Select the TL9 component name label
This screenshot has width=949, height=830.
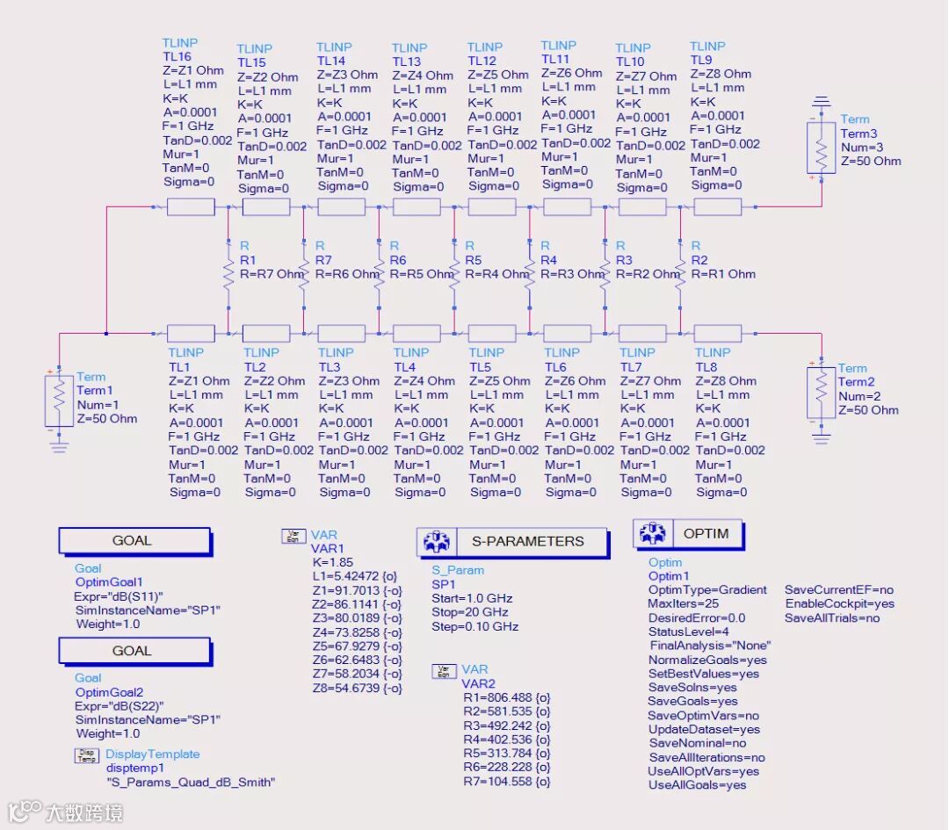[x=701, y=60]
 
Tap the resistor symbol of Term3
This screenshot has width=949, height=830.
[x=821, y=150]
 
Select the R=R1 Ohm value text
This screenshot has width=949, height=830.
[x=723, y=274]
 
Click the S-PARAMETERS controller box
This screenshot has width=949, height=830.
[x=512, y=542]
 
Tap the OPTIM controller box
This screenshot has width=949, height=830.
[x=689, y=533]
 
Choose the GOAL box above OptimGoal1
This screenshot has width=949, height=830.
[x=134, y=541]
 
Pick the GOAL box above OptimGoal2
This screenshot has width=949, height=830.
[x=134, y=651]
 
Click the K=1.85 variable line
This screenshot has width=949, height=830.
[x=331, y=562]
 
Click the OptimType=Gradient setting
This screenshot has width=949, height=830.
[x=707, y=589]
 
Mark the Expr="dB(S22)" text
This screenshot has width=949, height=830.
[x=120, y=705]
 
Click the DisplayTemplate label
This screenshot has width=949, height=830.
[x=153, y=754]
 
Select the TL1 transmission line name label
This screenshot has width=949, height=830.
[x=179, y=366]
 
